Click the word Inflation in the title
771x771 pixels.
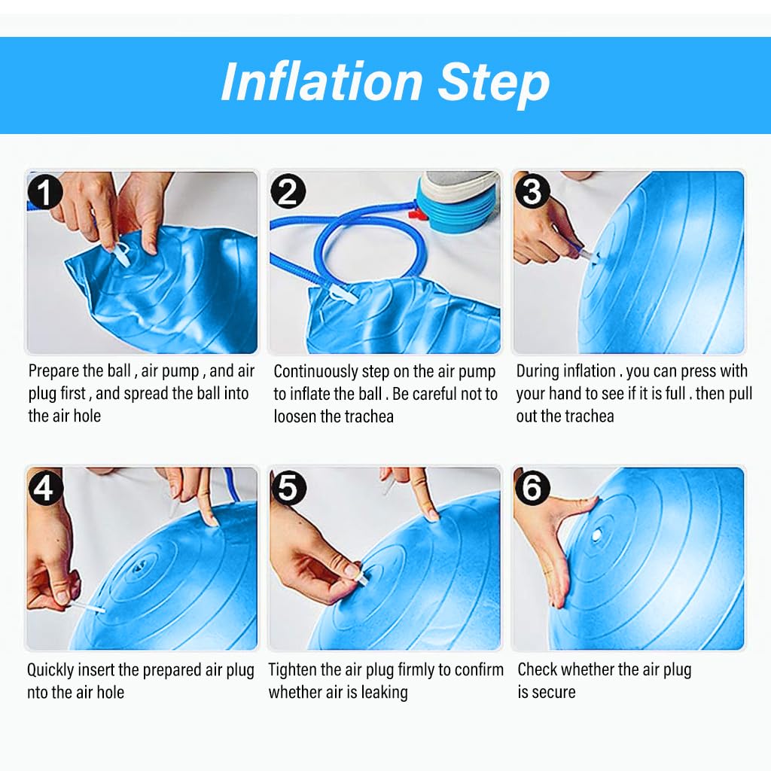tap(322, 81)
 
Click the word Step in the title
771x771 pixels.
tap(494, 84)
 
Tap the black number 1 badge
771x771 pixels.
tap(44, 192)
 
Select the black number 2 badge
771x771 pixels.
tap(288, 191)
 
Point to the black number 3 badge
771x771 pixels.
tap(532, 191)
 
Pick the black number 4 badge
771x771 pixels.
tap(45, 487)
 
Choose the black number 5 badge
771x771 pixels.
tap(288, 488)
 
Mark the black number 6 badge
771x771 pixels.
tap(532, 487)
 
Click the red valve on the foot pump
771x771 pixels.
tap(416, 214)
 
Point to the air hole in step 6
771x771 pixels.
tap(597, 535)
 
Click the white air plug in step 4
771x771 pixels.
tap(89, 606)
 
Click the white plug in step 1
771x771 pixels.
tap(120, 254)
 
